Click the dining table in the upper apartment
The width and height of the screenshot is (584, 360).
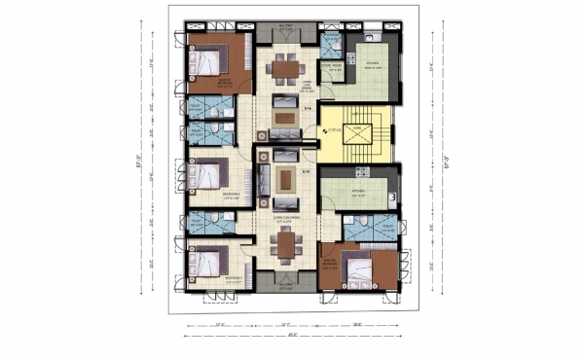[284, 68]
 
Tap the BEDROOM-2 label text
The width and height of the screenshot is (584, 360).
[231, 194]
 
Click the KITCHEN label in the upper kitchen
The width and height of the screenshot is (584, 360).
[372, 64]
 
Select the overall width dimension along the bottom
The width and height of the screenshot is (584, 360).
[286, 337]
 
